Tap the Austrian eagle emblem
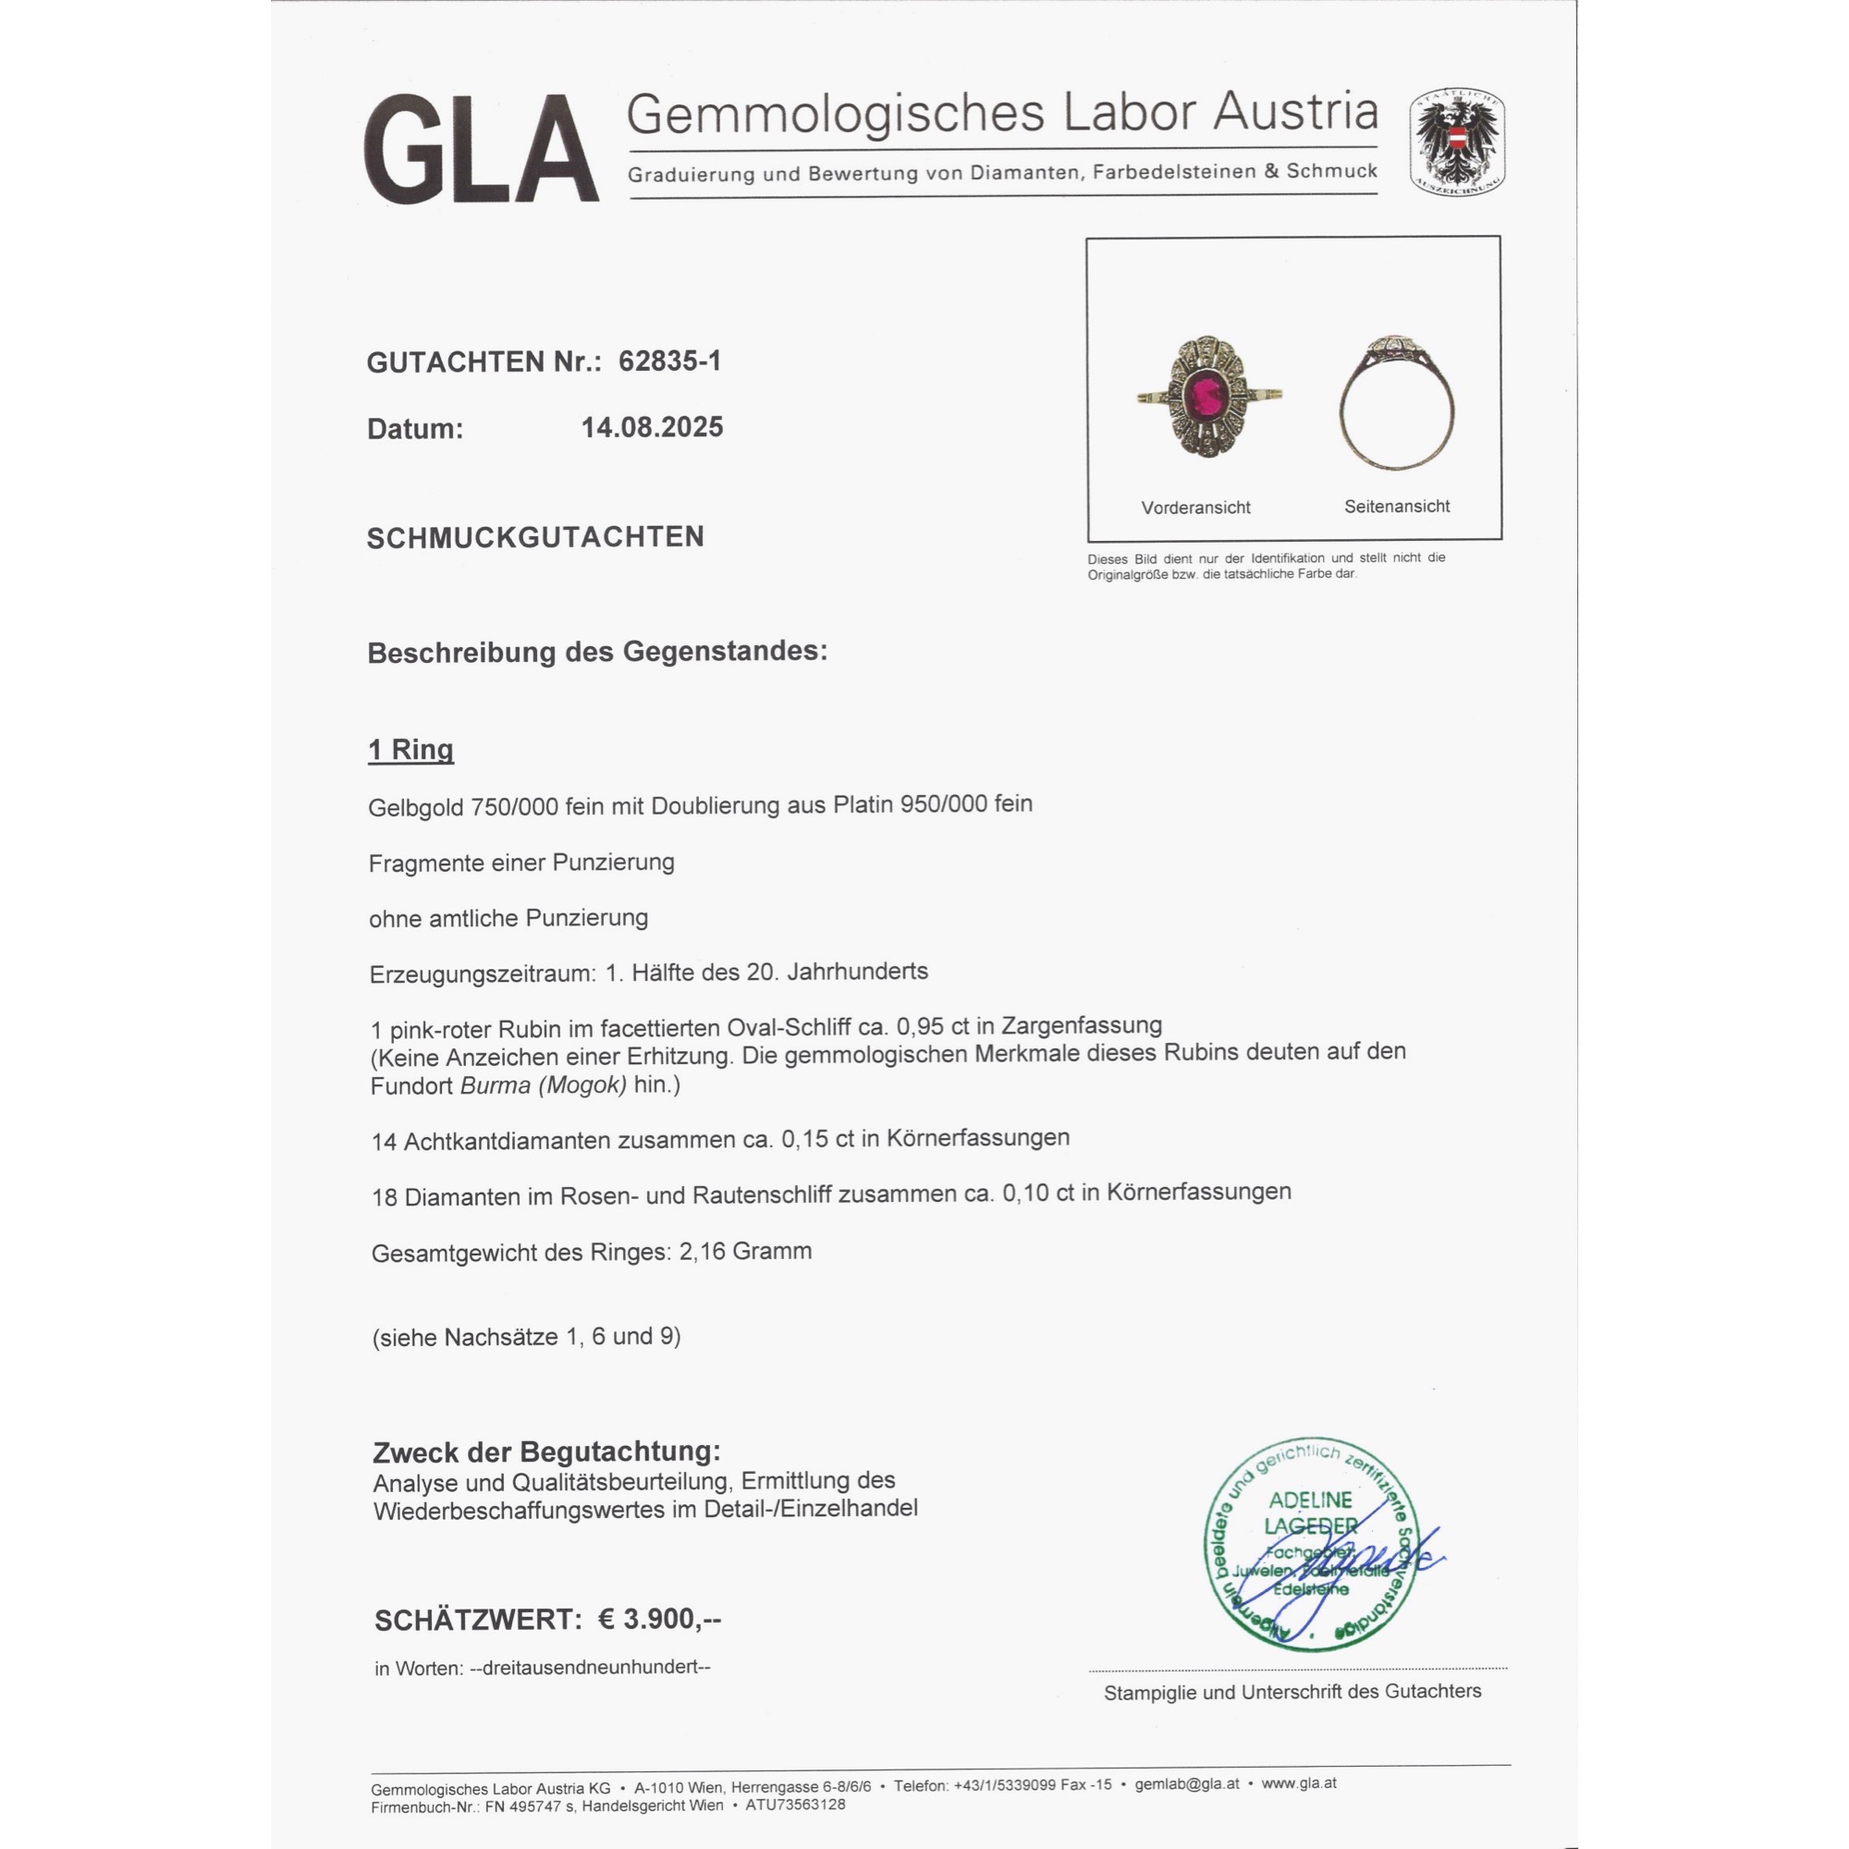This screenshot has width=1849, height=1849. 1456,141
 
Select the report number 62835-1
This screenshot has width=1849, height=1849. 669,361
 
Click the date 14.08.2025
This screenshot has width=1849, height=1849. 652,427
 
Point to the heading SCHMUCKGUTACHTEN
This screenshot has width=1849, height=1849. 535,537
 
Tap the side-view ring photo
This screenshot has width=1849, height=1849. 1396,404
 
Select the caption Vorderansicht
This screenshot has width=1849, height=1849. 1195,508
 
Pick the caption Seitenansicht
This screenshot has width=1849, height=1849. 1396,507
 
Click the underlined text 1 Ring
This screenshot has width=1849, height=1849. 410,750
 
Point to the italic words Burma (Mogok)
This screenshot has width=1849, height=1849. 544,1085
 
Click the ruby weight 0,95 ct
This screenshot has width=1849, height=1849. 932,1026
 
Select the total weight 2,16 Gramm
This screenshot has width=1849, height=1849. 745,1251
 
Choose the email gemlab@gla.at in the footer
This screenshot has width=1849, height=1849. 1187,1784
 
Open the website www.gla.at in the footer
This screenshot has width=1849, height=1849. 1299,1783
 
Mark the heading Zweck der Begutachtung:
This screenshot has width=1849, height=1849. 546,1451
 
